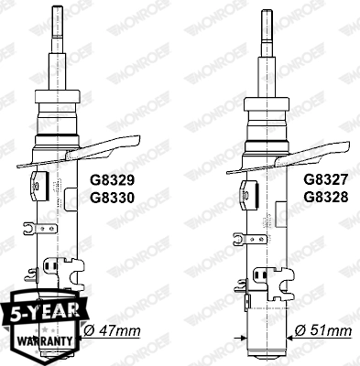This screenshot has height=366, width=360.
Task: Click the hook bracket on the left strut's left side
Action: tap(30, 228)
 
